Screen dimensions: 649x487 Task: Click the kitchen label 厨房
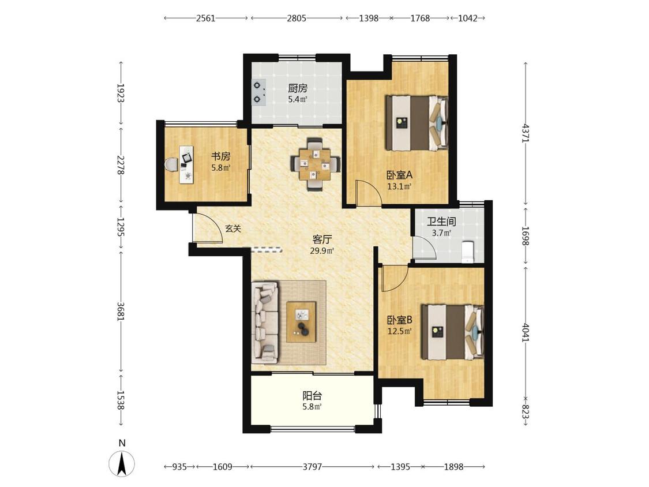[x=298, y=88]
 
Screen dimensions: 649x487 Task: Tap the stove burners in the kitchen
[x=258, y=92]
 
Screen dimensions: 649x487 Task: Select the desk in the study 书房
[x=186, y=164]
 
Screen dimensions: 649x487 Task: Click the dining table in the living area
[x=316, y=163]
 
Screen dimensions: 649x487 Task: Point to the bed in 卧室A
[x=417, y=123]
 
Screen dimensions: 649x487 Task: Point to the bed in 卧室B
[x=452, y=332]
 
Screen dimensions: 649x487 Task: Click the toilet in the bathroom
[x=467, y=252]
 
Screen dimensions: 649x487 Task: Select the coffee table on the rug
[x=301, y=322]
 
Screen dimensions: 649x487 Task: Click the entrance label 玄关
[x=233, y=228]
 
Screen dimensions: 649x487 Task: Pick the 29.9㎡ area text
[x=321, y=250]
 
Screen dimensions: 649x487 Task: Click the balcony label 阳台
[x=312, y=395]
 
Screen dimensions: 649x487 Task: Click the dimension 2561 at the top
[x=206, y=18]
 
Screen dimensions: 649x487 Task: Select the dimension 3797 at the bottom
[x=312, y=467]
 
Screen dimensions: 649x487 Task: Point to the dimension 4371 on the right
[x=526, y=133]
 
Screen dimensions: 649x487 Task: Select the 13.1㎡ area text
[x=399, y=186]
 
